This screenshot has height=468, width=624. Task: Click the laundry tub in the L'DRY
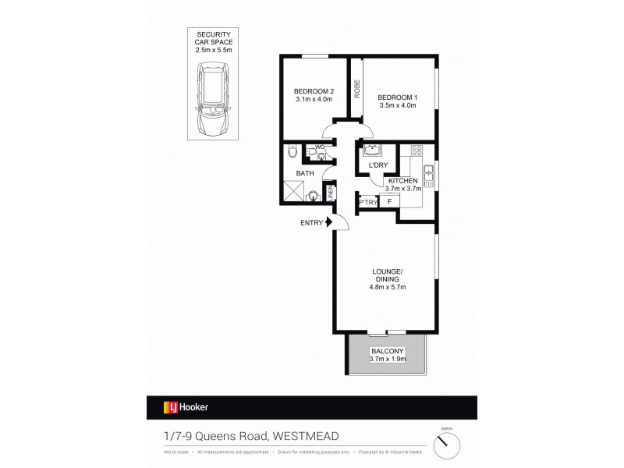[x=370, y=151]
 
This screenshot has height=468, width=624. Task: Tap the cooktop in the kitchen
[x=417, y=151]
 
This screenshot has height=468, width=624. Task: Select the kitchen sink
[x=428, y=171]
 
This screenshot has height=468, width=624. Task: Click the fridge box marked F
[x=390, y=201]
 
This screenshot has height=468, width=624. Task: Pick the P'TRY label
[x=367, y=202]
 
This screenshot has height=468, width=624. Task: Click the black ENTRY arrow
[x=330, y=223]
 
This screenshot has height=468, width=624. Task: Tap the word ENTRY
[x=311, y=223]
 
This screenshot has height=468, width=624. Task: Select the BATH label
[x=304, y=173]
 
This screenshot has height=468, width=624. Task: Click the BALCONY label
[x=387, y=351]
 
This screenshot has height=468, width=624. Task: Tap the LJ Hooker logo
[x=186, y=407]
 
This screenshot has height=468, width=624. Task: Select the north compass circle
[x=447, y=445]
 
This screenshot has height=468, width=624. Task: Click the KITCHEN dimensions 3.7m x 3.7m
[x=403, y=188]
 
